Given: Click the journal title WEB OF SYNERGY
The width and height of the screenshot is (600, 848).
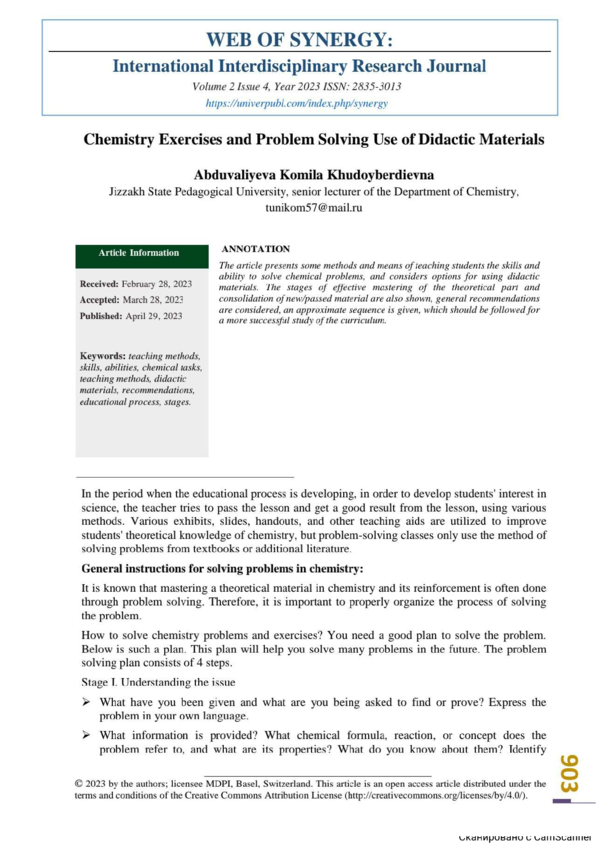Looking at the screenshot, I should click(x=299, y=40).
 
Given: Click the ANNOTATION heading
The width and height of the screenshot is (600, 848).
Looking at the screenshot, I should click(x=255, y=247).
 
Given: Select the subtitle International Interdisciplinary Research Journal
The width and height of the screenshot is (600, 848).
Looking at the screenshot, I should click(x=299, y=67).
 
